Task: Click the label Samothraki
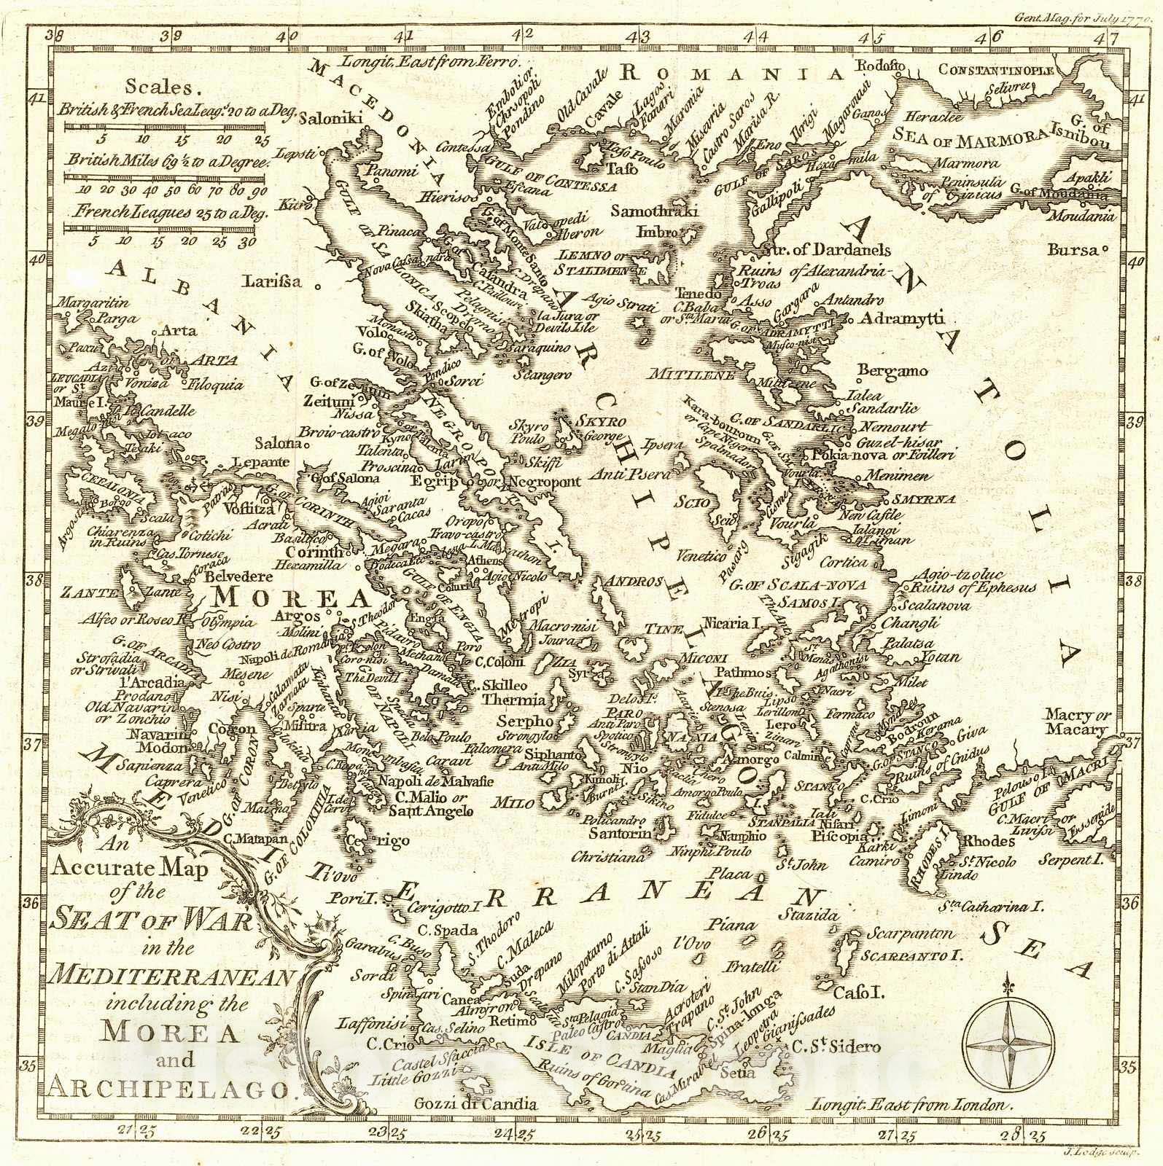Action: tap(654, 212)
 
